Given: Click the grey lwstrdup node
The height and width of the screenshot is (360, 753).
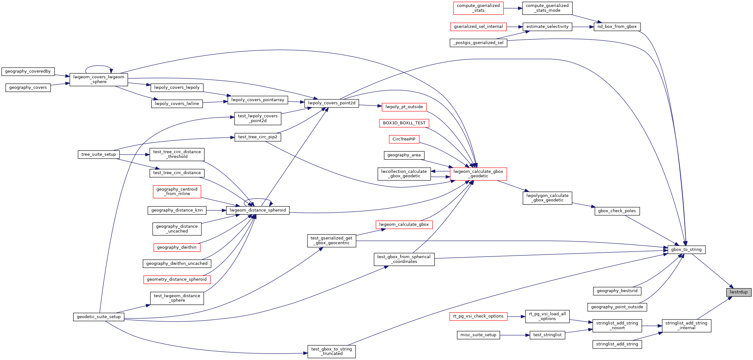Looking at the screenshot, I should [x=739, y=292].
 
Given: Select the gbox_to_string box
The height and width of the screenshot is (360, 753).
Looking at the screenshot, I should [x=686, y=250].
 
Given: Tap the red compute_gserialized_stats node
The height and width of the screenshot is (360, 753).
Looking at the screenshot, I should [x=478, y=8].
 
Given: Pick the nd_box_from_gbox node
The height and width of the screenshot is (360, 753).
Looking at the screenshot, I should [x=617, y=27].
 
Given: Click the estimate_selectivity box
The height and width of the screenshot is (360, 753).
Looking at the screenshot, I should [x=547, y=27].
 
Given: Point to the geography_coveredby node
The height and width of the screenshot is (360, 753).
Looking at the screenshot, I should [x=28, y=71].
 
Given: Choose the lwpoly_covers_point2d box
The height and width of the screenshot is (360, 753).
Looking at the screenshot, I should [x=332, y=103].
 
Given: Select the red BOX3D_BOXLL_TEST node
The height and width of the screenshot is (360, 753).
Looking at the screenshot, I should [x=404, y=123].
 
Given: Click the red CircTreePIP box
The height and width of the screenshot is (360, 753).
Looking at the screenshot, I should [x=404, y=139].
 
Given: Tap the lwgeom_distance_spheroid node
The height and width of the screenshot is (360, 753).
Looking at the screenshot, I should [x=258, y=210].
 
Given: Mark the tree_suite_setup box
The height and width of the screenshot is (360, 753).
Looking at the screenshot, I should [x=99, y=154].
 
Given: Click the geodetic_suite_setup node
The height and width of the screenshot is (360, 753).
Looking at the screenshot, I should [x=99, y=317].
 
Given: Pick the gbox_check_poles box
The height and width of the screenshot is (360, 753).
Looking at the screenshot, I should [x=617, y=211].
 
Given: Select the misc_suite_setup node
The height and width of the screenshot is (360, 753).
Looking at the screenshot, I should [x=478, y=335].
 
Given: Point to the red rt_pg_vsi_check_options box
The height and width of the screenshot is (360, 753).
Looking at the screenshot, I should [x=478, y=316].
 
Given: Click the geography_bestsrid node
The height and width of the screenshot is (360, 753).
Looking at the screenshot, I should [x=617, y=291].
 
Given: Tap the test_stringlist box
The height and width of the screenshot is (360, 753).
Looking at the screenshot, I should [x=547, y=335].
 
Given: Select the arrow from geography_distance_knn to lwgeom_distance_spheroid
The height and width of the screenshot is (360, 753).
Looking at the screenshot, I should [x=216, y=210].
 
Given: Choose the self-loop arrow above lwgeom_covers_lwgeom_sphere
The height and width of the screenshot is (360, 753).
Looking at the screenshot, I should [x=98, y=66].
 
